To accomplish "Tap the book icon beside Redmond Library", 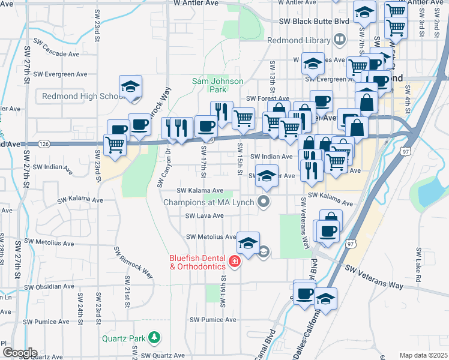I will pyautogui.click(x=339, y=40).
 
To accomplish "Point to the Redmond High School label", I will pyautogui.click(x=83, y=96).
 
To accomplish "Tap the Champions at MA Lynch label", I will pyautogui.click(x=209, y=202).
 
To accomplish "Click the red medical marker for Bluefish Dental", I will pyautogui.click(x=234, y=262).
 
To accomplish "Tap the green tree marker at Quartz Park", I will pyautogui.click(x=155, y=338).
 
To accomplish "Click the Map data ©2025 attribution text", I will pyautogui.click(x=423, y=355).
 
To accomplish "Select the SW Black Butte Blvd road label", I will pyautogui.click(x=314, y=21).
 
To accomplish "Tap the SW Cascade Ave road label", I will pyautogui.click(x=56, y=53).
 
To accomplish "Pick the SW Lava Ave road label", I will pyautogui.click(x=204, y=215).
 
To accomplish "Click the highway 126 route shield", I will pyautogui.click(x=46, y=143).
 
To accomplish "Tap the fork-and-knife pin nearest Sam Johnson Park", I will pyautogui.click(x=221, y=112).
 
